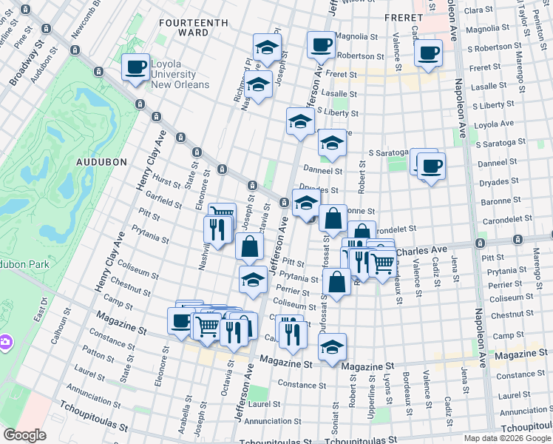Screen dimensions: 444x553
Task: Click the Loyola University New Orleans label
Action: click(x=180, y=74)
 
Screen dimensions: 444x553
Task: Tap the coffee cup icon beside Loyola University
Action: click(x=135, y=67)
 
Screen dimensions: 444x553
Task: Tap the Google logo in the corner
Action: click(x=25, y=435)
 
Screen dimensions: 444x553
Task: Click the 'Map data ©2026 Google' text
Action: click(x=508, y=438)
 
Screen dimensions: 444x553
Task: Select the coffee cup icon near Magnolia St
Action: click(x=321, y=46)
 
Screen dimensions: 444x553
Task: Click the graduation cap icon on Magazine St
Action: click(x=333, y=347)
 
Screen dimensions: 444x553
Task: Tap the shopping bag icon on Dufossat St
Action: click(x=336, y=283)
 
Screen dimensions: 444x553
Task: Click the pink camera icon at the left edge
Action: click(x=5, y=342)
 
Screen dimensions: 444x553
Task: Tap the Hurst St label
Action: click(x=168, y=183)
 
